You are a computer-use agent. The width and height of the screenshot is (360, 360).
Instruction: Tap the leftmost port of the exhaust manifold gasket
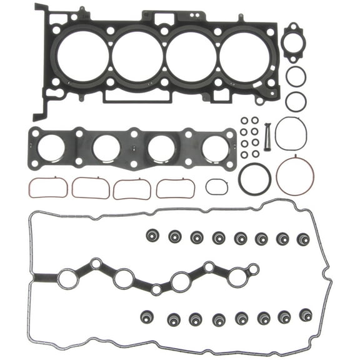tap(52, 149)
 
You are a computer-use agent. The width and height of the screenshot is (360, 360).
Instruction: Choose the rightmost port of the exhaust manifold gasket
tap(215, 149)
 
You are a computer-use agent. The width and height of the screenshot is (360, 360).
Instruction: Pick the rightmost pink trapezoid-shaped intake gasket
tap(175, 187)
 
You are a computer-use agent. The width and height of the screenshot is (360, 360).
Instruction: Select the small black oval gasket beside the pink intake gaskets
tap(216, 186)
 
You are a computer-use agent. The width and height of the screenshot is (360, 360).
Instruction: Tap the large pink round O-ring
tap(295, 176)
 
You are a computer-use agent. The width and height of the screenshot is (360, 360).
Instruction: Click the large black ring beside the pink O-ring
tap(254, 179)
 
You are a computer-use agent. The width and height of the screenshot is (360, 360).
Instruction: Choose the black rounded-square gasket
tap(291, 133)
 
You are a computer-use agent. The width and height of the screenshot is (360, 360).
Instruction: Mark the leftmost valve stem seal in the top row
tap(152, 236)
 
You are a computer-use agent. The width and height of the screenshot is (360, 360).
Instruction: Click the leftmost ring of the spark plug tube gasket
tap(67, 279)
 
